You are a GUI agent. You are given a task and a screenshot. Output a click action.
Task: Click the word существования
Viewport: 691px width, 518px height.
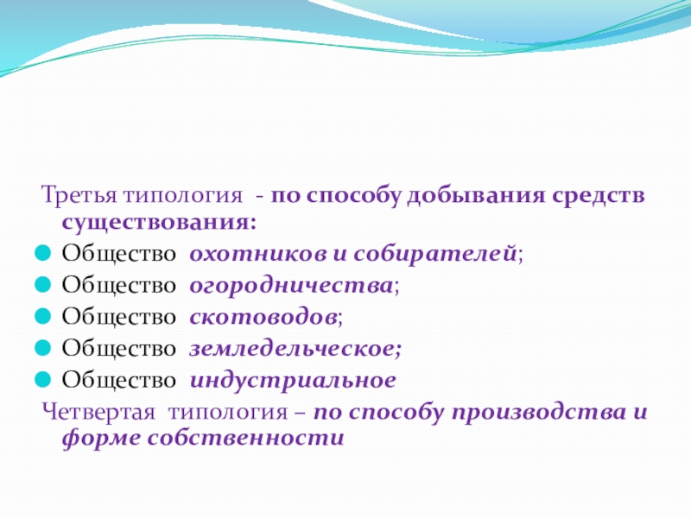tap(159, 222)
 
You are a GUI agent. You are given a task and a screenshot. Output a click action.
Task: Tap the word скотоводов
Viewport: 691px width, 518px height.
tap(263, 317)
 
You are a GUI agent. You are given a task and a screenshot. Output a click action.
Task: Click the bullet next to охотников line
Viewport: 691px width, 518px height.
tap(42, 253)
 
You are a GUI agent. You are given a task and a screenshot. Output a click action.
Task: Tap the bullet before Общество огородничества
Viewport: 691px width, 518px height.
tap(42, 285)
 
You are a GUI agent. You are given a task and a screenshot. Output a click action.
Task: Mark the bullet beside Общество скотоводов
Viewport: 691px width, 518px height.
tap(42, 316)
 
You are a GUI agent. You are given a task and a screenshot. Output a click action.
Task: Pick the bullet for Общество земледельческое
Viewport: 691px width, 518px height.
tap(42, 348)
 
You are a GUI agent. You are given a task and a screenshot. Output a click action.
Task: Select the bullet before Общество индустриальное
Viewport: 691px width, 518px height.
tap(42, 379)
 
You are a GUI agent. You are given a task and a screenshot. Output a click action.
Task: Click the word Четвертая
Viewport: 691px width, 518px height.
tap(98, 413)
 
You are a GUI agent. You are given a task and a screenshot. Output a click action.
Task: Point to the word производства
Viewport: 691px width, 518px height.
tap(538, 413)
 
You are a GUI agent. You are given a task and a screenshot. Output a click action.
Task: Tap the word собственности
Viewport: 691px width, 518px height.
tap(245, 438)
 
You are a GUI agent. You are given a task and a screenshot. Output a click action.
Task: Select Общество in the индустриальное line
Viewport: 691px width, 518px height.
tap(119, 380)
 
